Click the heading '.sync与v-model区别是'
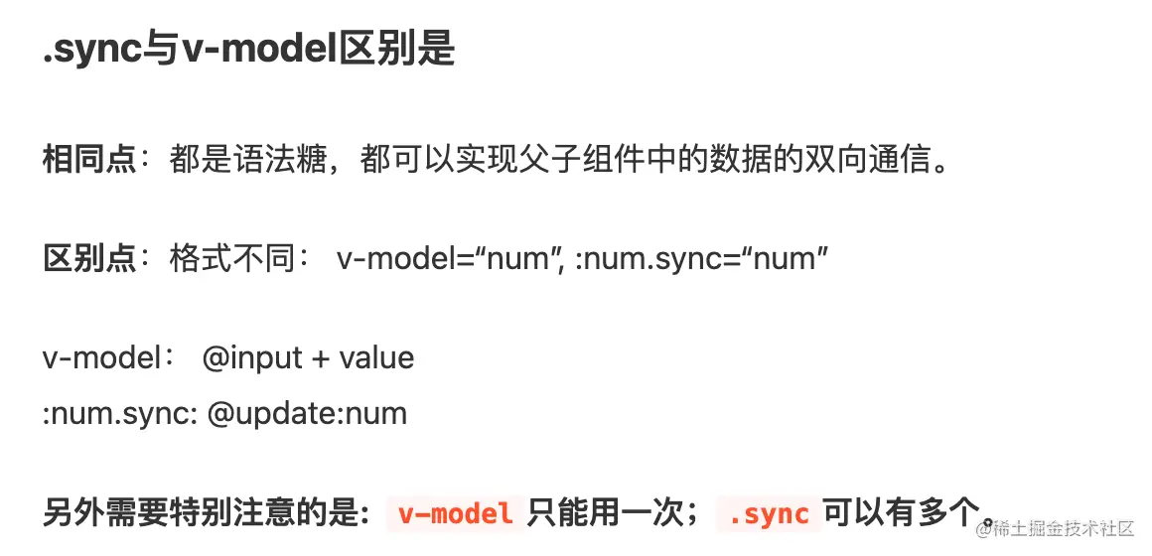(249, 50)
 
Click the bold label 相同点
(89, 160)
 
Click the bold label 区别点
(89, 258)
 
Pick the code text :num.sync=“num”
(702, 258)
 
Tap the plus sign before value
(321, 358)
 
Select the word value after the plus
(376, 357)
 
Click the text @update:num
(306, 413)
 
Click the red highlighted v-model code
(456, 512)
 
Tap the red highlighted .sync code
(769, 512)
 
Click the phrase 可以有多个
(902, 512)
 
